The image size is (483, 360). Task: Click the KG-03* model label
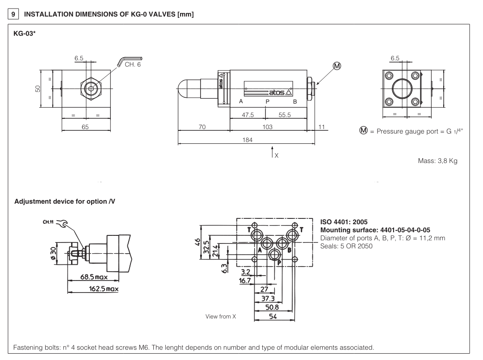pyautogui.click(x=25, y=34)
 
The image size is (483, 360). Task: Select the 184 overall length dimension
pyautogui.click(x=247, y=140)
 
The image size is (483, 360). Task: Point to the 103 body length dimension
pyautogui.click(x=267, y=127)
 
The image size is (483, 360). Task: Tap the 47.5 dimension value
pyautogui.click(x=248, y=115)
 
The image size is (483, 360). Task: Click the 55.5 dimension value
pyautogui.click(x=284, y=115)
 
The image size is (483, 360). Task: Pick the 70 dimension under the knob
pyautogui.click(x=202, y=127)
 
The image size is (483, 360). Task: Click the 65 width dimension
pyautogui.click(x=85, y=127)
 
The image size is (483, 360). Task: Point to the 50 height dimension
pyautogui.click(x=38, y=88)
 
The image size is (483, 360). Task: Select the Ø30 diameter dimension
pyautogui.click(x=54, y=252)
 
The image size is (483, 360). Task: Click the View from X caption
pyautogui.click(x=220, y=317)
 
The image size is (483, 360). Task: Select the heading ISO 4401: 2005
pyautogui.click(x=344, y=222)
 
